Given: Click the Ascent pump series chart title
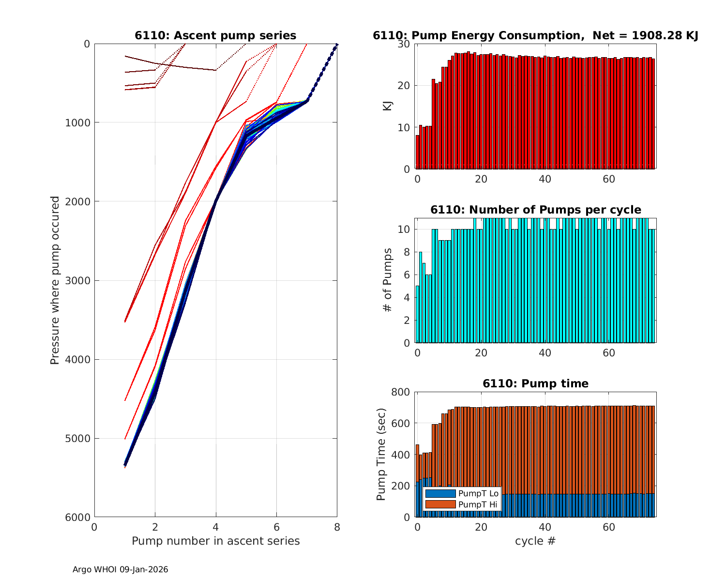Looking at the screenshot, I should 215,35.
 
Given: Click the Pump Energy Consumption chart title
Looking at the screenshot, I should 535,35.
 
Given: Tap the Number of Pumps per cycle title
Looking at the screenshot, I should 535,210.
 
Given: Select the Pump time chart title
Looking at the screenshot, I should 535,383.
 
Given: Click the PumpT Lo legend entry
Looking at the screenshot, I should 478,493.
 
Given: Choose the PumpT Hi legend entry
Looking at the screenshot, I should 478,505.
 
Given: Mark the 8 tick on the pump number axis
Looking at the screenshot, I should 337,527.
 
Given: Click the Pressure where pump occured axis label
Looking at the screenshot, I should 55,280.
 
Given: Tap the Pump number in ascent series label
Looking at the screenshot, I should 215,541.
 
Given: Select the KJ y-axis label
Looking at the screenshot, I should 388,106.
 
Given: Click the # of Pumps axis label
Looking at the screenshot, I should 388,280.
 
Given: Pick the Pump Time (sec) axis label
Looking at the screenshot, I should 381,454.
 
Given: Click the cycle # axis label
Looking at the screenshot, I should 535,541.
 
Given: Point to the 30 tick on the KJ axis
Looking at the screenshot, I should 405,44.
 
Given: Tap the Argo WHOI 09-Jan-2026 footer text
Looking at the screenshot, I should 120,570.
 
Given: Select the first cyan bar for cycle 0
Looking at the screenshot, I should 417,315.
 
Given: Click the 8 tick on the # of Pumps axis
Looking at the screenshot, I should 408,252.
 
